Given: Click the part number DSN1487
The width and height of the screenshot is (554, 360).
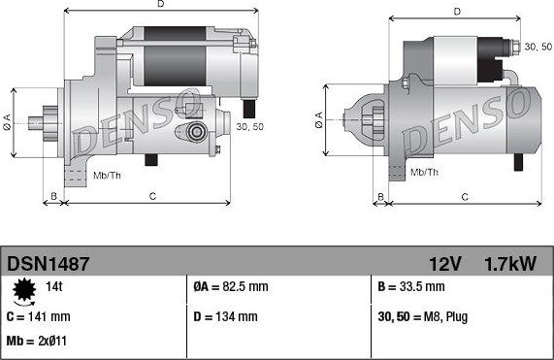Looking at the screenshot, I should (49, 263).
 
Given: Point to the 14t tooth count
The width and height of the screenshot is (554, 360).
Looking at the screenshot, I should (55, 287).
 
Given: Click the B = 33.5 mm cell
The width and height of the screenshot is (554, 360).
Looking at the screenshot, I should (411, 287).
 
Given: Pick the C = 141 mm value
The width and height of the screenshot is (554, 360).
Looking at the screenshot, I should (38, 316).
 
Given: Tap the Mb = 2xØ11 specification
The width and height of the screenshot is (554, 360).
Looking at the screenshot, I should (39, 343).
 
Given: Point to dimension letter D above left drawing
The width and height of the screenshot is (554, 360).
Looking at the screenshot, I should (160, 6).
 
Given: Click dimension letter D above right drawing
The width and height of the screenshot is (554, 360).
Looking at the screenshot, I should (455, 13).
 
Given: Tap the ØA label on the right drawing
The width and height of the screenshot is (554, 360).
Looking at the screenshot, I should (319, 120).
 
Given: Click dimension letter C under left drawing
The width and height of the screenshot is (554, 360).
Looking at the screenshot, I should (152, 197).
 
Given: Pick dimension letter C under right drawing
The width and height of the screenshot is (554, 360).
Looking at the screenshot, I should (465, 197).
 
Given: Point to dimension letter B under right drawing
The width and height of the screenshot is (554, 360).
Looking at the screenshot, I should (382, 197).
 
